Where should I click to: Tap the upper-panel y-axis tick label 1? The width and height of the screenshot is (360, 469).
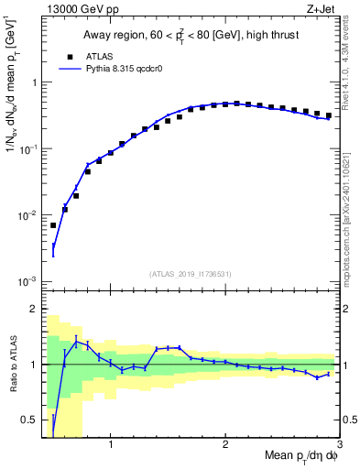click(x=33, y=82)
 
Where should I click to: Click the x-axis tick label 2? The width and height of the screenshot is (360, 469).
click(x=225, y=446)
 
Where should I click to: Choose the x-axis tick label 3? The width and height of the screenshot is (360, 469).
click(x=339, y=446)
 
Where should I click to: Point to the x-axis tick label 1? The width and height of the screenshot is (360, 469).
click(x=111, y=446)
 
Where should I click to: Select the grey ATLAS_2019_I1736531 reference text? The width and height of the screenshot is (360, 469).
click(x=190, y=274)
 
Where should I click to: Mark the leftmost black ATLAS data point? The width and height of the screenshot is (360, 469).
click(x=53, y=225)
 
